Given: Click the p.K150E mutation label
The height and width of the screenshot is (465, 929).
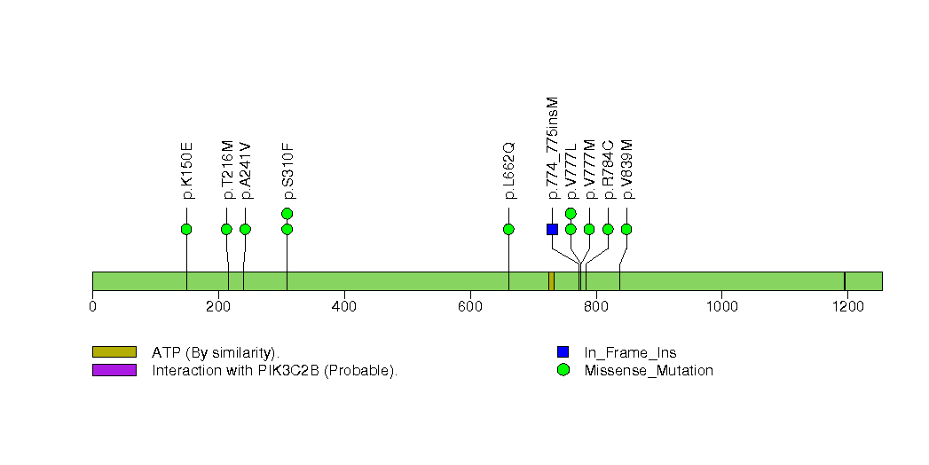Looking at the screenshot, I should pos(187,169).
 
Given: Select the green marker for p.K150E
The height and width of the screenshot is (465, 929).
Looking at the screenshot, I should pos(186,229).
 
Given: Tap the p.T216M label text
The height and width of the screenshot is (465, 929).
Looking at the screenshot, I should pos(227,169).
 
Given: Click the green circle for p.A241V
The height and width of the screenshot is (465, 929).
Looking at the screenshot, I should pos(246,229).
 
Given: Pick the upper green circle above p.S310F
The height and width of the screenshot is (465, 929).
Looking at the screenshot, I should pos(287,213).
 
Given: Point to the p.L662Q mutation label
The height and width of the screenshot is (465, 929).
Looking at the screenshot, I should pos(509,169).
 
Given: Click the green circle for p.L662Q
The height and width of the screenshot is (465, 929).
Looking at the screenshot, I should pos(508,229).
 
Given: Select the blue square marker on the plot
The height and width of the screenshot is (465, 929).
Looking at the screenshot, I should pos(552,229).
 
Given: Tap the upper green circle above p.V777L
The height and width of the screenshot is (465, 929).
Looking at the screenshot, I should pos(571,213).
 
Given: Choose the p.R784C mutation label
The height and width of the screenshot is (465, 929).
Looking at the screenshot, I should pos(609,169).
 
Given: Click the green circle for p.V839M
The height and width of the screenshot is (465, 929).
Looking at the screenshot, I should pos(626,229).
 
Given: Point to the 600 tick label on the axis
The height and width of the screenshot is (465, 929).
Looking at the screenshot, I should pos(468,307).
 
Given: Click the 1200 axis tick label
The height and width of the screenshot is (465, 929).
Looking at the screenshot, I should pos(846,307).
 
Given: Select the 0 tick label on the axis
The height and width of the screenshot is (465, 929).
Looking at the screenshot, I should pos(93,307).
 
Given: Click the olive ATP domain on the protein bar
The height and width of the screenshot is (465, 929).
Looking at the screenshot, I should pos(551,281).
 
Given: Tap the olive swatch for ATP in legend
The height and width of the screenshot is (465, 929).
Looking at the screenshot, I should pos(114,352).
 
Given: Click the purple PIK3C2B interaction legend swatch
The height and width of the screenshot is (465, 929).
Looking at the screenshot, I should pos(114,370).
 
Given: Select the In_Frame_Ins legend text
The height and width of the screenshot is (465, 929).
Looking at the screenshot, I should pos(630,352).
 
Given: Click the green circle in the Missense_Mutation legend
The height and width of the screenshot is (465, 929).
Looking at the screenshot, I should pos(563,370).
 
